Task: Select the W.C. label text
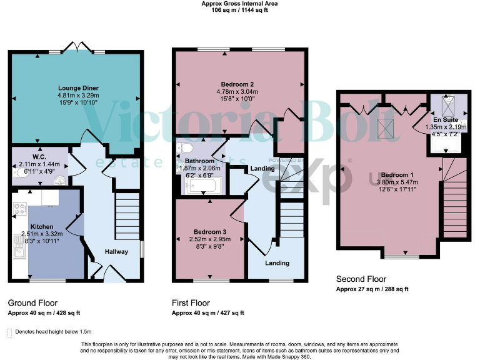pyautogui.click(x=41, y=157)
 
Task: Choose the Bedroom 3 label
pyautogui.click(x=209, y=232)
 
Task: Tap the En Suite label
pyautogui.click(x=446, y=119)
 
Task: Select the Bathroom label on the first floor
pyautogui.click(x=199, y=161)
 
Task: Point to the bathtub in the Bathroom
pyautogui.click(x=203, y=186)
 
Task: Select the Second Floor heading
pyautogui.click(x=361, y=279)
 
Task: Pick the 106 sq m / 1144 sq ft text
pyautogui.click(x=240, y=11)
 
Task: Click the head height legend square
pyautogui.click(x=10, y=332)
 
